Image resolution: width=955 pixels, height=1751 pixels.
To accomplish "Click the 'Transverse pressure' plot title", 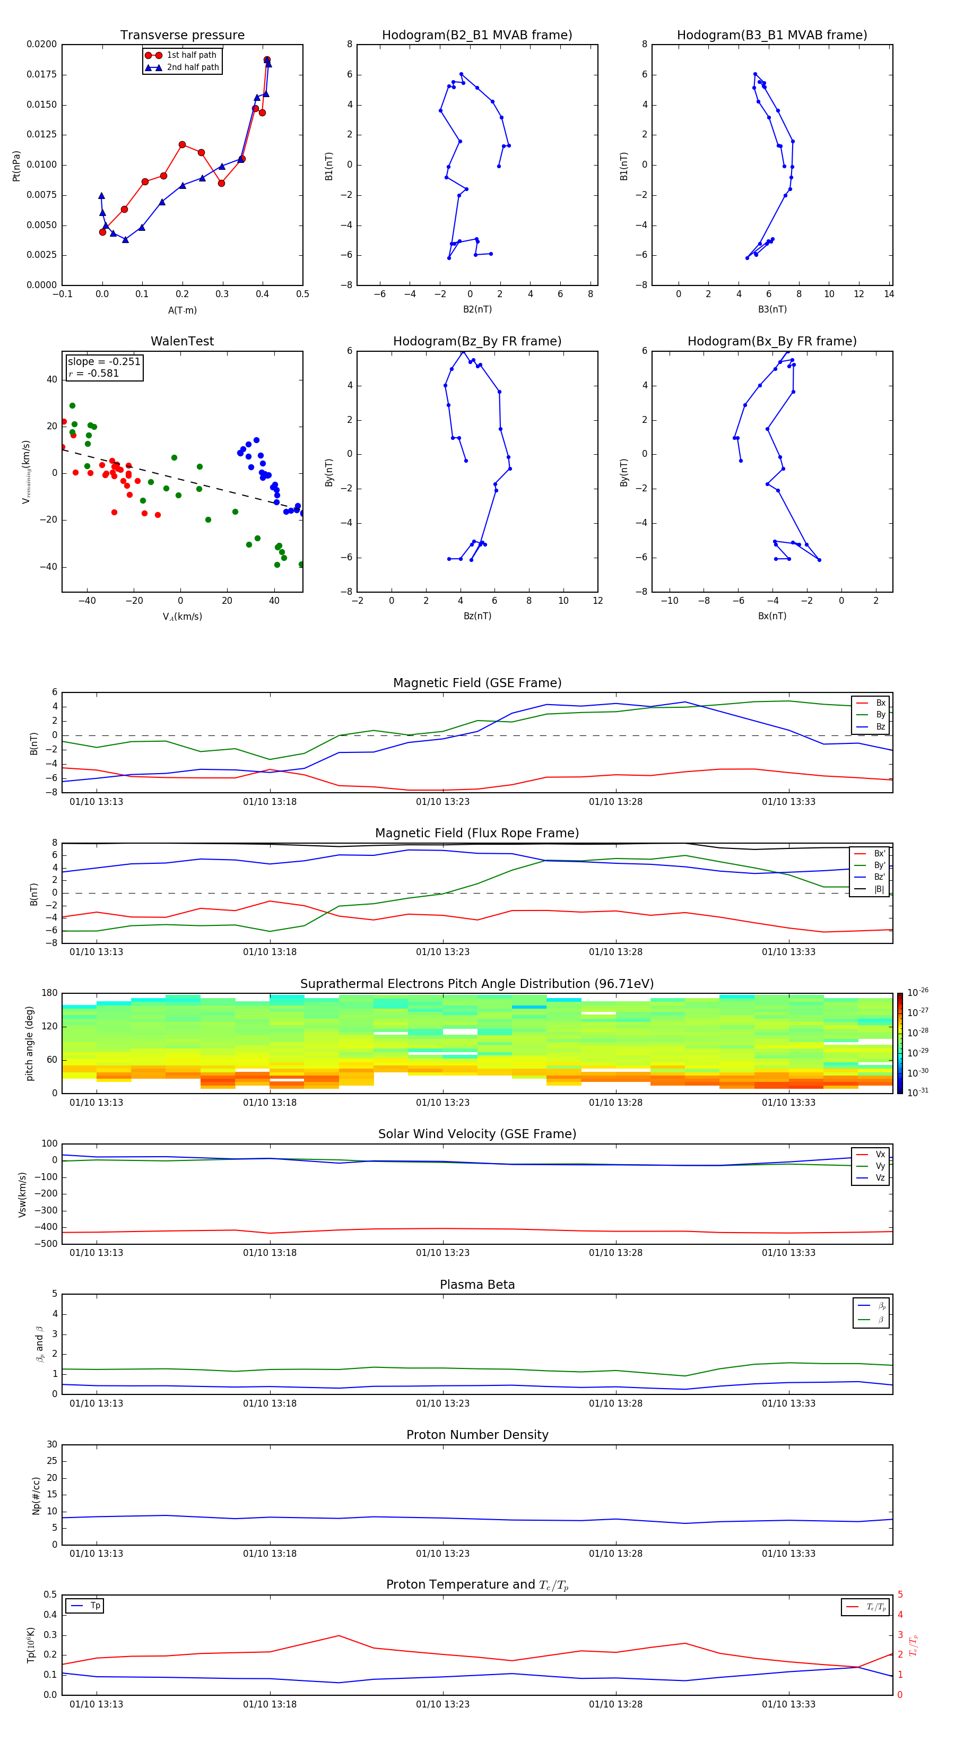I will click(x=182, y=36).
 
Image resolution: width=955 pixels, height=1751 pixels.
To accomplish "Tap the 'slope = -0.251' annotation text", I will click(x=104, y=362).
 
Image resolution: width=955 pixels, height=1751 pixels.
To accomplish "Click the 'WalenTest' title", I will click(x=182, y=341).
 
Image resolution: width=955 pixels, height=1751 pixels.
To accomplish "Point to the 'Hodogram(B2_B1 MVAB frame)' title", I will click(x=476, y=36).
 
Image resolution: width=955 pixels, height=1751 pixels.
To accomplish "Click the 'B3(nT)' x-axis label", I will click(x=772, y=309).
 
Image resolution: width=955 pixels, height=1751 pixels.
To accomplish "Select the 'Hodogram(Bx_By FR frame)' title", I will click(x=771, y=341).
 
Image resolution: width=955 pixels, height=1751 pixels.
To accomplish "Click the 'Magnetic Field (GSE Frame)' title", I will click(x=477, y=683).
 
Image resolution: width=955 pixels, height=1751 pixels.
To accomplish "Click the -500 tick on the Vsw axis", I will click(x=46, y=1244).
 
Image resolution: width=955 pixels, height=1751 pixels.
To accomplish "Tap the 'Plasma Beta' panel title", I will click(x=477, y=1285).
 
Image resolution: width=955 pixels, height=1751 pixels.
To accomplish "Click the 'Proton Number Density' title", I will click(x=477, y=1435).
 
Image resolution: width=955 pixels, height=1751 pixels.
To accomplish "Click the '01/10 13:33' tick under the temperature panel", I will click(x=788, y=1704).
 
